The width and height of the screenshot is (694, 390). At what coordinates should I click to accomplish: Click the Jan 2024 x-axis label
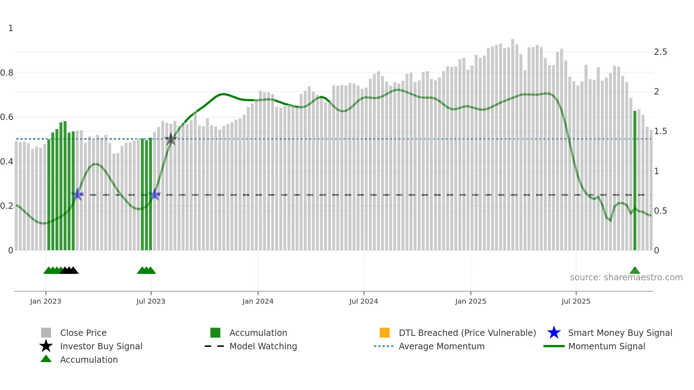[x=258, y=301]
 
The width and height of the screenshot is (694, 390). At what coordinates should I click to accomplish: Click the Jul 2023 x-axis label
[x=151, y=301]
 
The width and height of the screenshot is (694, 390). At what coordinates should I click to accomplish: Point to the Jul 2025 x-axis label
[x=576, y=301]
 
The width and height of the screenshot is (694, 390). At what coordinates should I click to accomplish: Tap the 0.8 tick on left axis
[x=7, y=73]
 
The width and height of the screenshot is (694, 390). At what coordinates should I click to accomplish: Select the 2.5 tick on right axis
[x=660, y=52]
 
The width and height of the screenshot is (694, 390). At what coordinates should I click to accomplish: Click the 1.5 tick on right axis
[x=660, y=131]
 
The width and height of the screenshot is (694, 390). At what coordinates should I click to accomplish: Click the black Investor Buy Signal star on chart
[x=171, y=139]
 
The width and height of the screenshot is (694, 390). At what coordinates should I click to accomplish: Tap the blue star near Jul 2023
[x=155, y=194]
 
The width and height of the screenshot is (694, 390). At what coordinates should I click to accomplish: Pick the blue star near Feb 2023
[x=77, y=194]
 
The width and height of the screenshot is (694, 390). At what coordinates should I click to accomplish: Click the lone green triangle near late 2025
[x=635, y=271]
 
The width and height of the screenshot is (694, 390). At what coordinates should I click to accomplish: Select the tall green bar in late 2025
[x=635, y=180]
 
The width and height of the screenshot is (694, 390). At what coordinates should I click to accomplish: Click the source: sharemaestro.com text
[x=626, y=277]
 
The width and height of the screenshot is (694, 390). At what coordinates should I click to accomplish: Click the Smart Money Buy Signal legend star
[x=554, y=333]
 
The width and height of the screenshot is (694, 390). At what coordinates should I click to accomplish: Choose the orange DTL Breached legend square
[x=385, y=333]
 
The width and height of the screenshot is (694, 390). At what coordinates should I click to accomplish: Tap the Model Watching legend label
[x=263, y=346]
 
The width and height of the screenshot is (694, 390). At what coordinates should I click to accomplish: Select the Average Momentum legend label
[x=442, y=346]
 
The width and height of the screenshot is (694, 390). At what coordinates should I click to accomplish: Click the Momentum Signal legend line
[x=554, y=346]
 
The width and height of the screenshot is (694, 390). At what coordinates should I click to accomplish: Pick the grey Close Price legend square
[x=46, y=333]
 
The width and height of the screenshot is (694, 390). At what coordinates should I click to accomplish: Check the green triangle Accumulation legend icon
[x=46, y=359]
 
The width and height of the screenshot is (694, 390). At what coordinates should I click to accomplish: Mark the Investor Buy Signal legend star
[x=46, y=346]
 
